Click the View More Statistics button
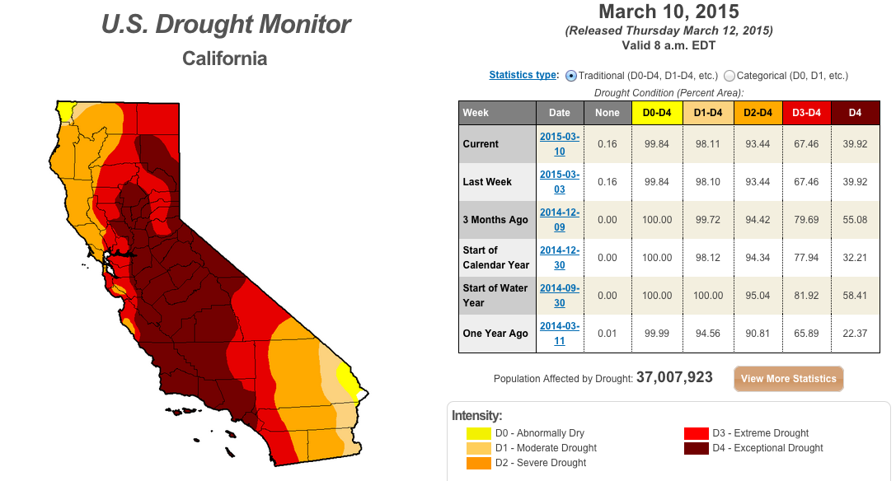click(x=789, y=379)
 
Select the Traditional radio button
click(x=571, y=76)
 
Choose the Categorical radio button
click(x=729, y=76)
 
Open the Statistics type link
click(x=523, y=75)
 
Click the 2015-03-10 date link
click(x=560, y=144)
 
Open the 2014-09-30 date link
click(x=560, y=296)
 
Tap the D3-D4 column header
click(x=806, y=113)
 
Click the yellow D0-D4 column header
click(x=657, y=113)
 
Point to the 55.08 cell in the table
click(x=855, y=220)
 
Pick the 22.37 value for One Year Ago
click(x=855, y=334)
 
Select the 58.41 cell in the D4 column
click(x=855, y=296)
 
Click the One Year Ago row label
click(x=495, y=334)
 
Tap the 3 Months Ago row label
click(x=495, y=220)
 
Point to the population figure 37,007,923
click(x=674, y=377)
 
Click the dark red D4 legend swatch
click(x=696, y=448)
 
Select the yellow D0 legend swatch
click(x=479, y=433)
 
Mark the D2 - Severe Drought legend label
click(x=541, y=463)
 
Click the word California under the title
click(x=224, y=58)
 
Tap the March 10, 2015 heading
click(x=668, y=12)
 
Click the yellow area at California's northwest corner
click(x=63, y=111)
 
